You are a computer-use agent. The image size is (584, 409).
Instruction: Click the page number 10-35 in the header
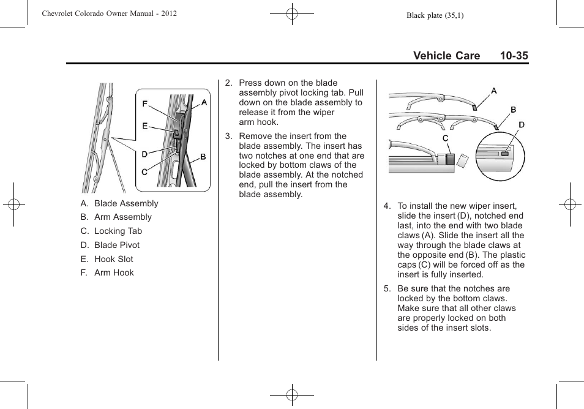513,56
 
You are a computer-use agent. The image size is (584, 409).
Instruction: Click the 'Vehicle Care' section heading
446,56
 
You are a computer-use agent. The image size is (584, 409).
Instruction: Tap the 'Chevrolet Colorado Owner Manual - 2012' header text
110,13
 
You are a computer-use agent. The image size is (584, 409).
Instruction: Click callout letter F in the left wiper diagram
145,104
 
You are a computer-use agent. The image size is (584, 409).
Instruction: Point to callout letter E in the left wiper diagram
145,126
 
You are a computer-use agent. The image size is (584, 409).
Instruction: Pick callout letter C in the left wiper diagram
144,172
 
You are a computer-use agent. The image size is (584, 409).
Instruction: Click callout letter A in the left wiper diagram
204,103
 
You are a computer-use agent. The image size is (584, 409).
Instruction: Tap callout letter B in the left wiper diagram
203,157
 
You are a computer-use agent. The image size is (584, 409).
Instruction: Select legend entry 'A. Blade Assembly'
119,203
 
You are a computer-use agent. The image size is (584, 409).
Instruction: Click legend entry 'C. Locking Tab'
111,231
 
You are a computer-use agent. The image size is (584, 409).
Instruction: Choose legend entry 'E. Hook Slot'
107,259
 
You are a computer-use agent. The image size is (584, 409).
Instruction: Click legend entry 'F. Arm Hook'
107,272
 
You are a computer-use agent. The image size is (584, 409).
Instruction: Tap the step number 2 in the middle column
228,83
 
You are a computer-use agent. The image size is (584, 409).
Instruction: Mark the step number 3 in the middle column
228,136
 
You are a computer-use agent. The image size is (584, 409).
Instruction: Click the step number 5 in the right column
386,288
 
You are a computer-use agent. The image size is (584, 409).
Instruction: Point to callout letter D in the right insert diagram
522,125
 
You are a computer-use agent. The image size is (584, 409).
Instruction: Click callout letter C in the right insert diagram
446,139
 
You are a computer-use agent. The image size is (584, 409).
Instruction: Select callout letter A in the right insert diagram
493,91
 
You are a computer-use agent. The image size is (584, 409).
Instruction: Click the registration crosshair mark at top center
292,13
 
